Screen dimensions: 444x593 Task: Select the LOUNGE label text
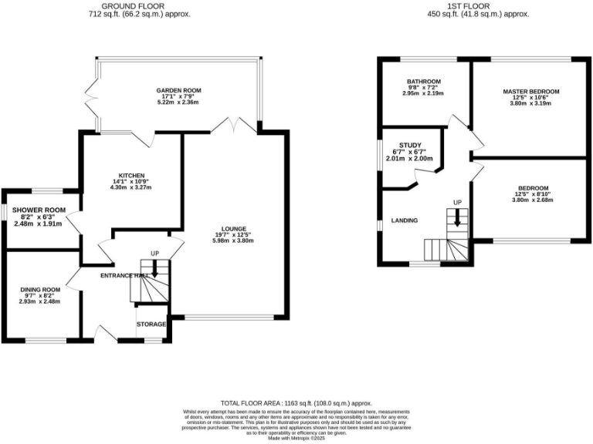click(x=233, y=228)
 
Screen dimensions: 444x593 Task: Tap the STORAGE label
click(x=151, y=325)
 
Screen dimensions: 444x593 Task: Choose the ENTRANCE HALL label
click(x=124, y=275)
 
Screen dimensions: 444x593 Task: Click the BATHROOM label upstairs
click(x=424, y=81)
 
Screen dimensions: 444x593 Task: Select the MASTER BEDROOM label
click(x=530, y=91)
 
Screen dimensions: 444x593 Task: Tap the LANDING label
click(x=405, y=220)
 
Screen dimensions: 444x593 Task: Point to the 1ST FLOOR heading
click(x=478, y=5)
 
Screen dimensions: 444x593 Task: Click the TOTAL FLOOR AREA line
click(x=296, y=403)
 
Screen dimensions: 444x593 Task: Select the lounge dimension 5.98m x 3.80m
click(x=233, y=241)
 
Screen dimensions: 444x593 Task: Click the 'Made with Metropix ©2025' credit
click(x=296, y=438)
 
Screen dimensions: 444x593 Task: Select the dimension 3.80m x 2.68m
click(x=533, y=201)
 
